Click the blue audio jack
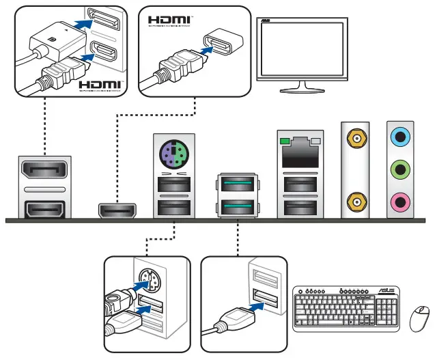(399, 137)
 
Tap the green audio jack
(399, 169)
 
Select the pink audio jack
(399, 201)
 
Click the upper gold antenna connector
(356, 139)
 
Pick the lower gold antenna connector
(356, 201)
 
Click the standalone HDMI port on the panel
(118, 210)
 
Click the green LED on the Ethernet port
(283, 139)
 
